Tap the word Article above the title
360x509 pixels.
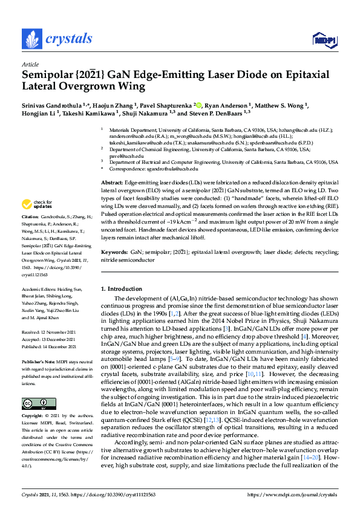point(30,63)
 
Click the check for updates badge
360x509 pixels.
point(35,204)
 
